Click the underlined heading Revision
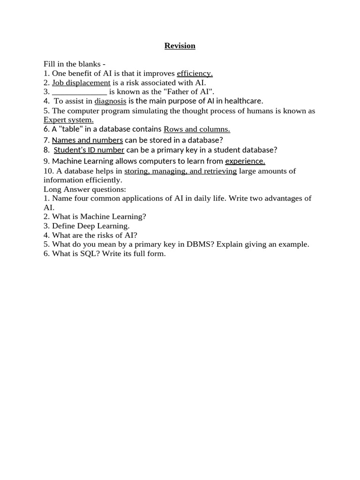(180, 45)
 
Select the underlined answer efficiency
(195, 73)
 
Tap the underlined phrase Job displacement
(81, 82)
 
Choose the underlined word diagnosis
(110, 101)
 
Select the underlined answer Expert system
(68, 120)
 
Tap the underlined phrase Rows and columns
(196, 129)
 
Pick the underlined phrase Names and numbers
(87, 140)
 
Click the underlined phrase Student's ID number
(89, 150)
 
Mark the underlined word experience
(245, 161)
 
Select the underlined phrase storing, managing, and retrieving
(180, 171)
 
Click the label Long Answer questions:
(85, 189)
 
